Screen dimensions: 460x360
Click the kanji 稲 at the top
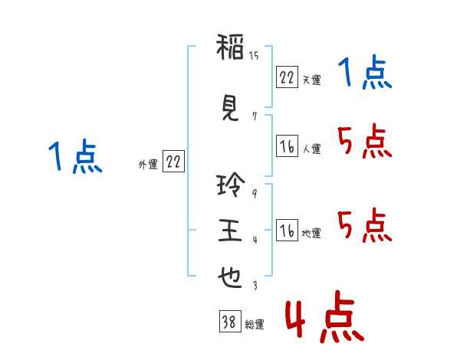point(230,47)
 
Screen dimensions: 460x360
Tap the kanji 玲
point(231,185)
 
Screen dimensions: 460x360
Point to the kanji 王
point(230,231)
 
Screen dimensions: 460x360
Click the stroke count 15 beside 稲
point(254,56)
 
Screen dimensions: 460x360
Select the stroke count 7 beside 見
point(255,116)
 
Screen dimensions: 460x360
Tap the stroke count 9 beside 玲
point(255,194)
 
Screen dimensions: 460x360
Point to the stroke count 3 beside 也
point(255,285)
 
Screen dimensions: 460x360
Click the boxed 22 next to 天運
point(287,77)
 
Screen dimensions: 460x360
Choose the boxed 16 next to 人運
point(287,146)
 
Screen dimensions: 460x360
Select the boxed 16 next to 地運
point(287,230)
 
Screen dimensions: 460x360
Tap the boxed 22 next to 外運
point(173,161)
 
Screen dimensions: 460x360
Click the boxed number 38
point(230,321)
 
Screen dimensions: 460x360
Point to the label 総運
point(255,325)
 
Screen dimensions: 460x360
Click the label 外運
point(148,165)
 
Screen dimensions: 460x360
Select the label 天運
point(311,80)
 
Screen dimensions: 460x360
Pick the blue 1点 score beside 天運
point(365,72)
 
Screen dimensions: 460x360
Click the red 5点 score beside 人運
point(365,141)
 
